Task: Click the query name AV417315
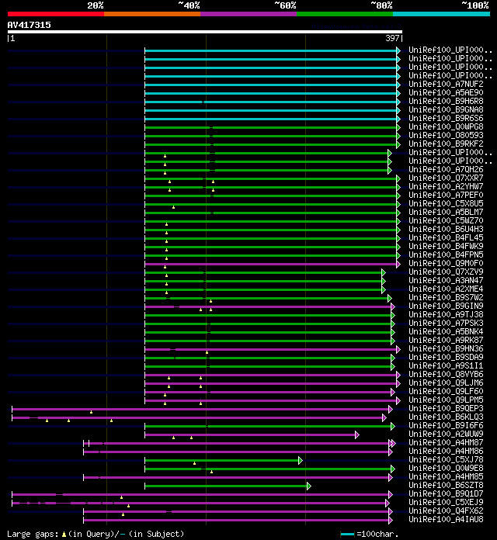30,25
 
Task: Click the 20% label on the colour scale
96,5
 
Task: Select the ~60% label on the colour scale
285,5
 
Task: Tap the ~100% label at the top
474,5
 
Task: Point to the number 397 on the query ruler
393,38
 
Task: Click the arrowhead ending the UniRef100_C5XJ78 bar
301,460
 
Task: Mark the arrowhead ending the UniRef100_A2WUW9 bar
357,434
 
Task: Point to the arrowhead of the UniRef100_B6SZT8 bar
308,486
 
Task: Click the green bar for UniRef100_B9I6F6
272,426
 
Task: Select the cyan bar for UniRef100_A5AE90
272,93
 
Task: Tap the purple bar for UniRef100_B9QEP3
202,409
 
